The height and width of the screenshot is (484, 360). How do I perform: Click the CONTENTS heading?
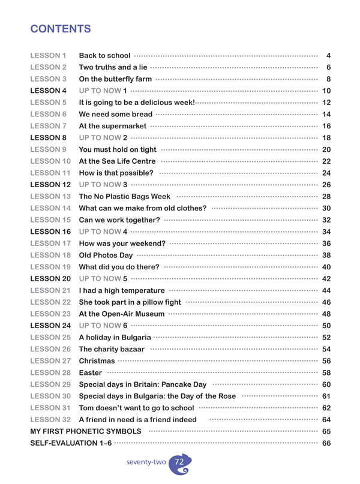[61, 29]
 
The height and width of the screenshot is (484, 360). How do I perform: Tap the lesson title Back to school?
[105, 56]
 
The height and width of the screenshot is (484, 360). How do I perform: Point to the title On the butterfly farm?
[115, 79]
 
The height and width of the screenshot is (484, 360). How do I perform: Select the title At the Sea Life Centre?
[118, 160]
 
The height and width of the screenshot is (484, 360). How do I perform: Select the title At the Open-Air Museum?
[122, 312]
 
